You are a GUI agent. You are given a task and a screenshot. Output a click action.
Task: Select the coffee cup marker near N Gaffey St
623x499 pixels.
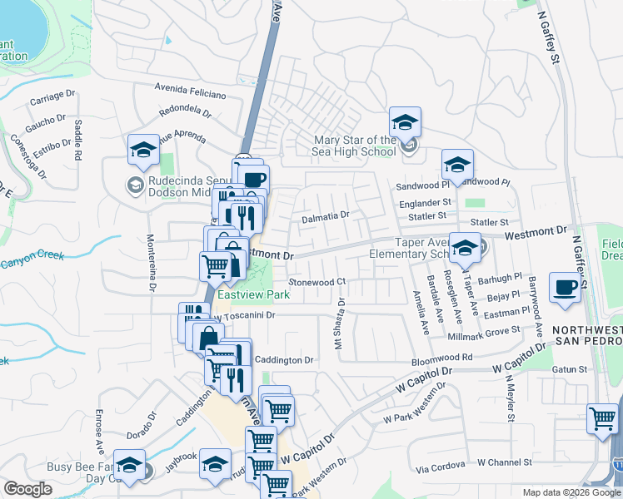point(565,289)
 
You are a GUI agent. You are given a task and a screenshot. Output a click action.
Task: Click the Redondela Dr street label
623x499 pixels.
point(184,111)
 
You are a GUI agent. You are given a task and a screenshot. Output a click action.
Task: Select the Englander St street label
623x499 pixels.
point(424,201)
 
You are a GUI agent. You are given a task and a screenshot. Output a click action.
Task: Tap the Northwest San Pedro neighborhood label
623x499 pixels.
point(587,337)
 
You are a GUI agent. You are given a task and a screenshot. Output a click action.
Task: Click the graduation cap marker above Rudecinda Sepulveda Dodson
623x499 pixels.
point(143,150)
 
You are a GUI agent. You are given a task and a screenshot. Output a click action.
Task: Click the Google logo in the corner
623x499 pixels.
point(27,490)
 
